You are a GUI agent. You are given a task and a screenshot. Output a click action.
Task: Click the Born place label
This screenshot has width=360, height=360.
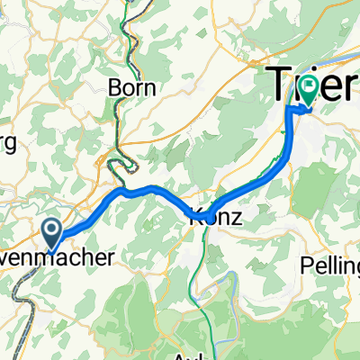tap(131, 88)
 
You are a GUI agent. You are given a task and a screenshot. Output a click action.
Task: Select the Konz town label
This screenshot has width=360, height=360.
tap(213, 217)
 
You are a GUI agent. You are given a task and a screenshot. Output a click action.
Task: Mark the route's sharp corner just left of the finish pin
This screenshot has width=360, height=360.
tap(291, 109)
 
